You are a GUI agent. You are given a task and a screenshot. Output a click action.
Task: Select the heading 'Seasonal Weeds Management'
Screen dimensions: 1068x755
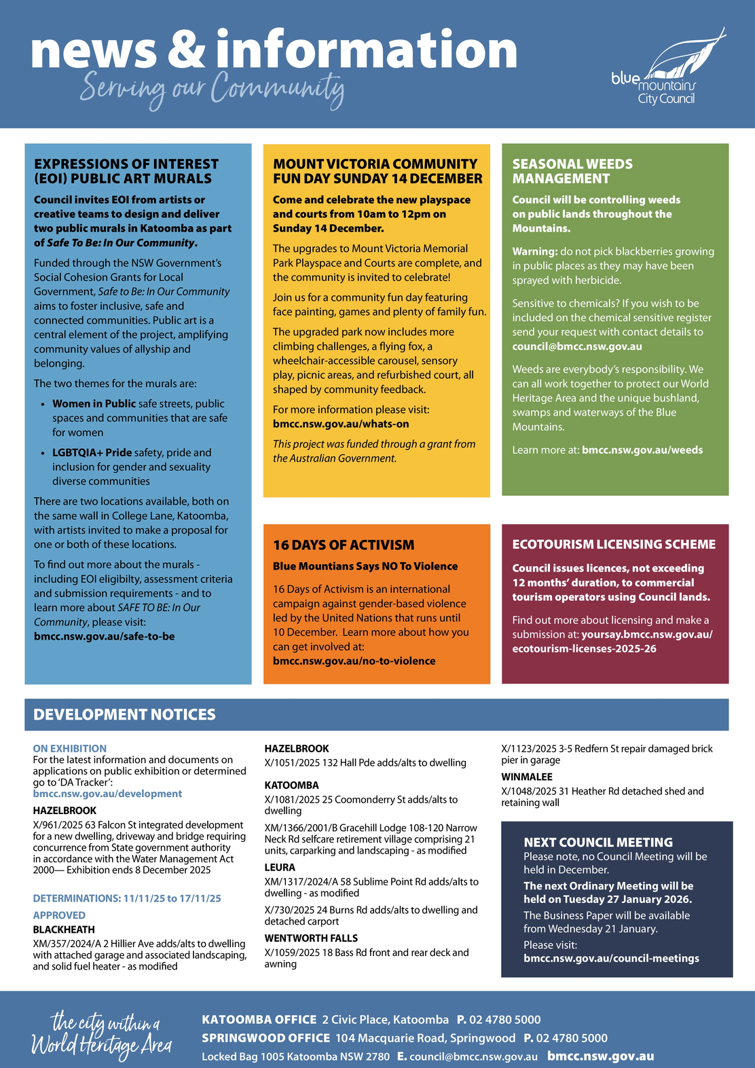coord(572,171)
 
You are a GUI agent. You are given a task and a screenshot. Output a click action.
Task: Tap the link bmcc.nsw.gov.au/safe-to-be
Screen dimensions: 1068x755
coord(104,636)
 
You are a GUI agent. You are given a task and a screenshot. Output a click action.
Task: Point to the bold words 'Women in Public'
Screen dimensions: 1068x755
coord(94,403)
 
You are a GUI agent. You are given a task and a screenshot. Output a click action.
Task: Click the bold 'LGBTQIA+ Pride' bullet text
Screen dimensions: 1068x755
coord(92,452)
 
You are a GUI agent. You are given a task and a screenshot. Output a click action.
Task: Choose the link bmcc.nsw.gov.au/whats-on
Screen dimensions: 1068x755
coord(341,424)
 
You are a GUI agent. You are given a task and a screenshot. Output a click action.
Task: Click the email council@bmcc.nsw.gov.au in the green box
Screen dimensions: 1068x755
coord(576,346)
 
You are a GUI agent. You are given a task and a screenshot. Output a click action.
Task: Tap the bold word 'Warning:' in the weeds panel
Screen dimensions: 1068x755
coord(534,251)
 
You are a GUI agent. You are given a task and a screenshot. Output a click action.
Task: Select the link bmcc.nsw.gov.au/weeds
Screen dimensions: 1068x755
coord(642,449)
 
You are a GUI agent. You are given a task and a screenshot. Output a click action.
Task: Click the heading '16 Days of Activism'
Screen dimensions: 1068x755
coord(343,545)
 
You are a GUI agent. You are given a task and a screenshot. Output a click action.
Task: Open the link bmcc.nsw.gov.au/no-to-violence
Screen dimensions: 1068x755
coord(354,661)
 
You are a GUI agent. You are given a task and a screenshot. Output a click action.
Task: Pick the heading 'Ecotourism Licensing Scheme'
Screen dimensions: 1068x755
coord(613,544)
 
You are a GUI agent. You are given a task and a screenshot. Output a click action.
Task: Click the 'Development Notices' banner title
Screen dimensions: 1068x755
coord(124,714)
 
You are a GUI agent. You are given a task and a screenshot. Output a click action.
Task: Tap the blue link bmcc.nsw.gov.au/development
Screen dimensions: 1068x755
coord(107,794)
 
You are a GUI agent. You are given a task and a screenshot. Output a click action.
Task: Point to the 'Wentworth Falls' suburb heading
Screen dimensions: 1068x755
coord(310,938)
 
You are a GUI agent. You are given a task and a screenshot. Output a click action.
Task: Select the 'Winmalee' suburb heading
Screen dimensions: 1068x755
coord(526,777)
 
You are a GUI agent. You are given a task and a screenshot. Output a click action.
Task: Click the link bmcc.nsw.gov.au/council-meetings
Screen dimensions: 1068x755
coord(611,958)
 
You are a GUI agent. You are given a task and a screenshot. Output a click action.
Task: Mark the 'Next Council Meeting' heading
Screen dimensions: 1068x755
coord(597,842)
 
